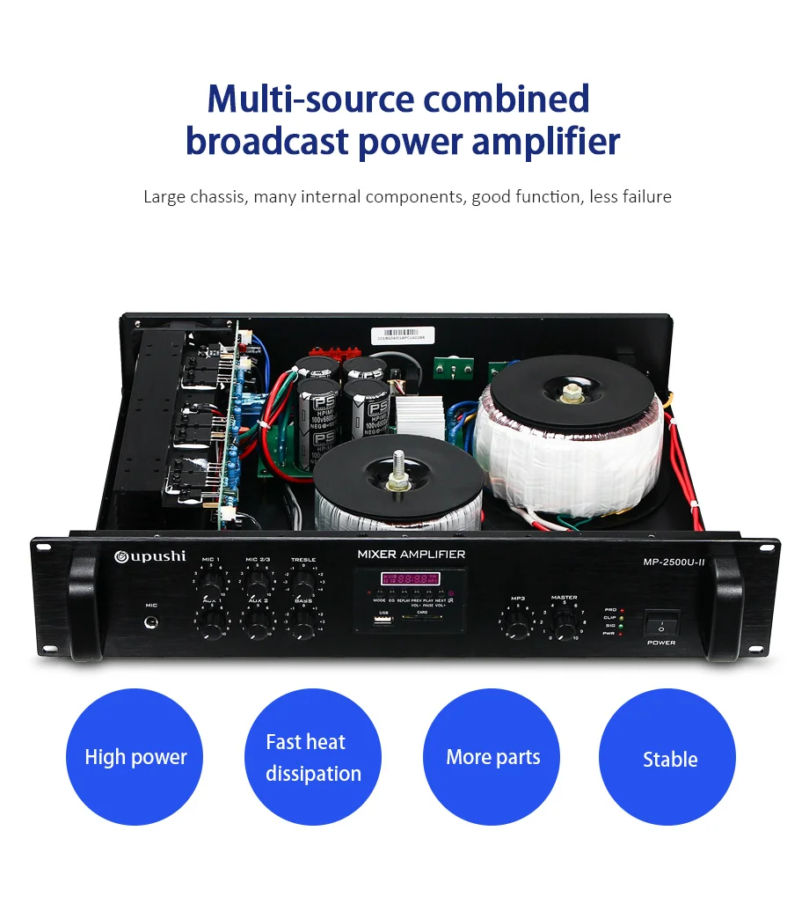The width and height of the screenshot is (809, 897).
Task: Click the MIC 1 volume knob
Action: point(211,584)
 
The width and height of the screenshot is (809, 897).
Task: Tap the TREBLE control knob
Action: point(303,584)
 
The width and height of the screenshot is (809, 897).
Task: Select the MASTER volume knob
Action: point(564,622)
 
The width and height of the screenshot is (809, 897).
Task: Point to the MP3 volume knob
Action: point(518,624)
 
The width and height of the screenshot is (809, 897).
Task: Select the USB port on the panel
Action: point(383,622)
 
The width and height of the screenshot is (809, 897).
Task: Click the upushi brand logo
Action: point(149,556)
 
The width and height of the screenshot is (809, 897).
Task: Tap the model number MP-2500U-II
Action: point(674,562)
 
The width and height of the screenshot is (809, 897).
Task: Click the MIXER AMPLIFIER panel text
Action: point(411,554)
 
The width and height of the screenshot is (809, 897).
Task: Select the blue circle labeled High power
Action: point(135,757)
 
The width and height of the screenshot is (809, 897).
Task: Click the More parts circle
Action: point(492,757)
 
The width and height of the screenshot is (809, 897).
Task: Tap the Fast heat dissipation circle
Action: point(313,757)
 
